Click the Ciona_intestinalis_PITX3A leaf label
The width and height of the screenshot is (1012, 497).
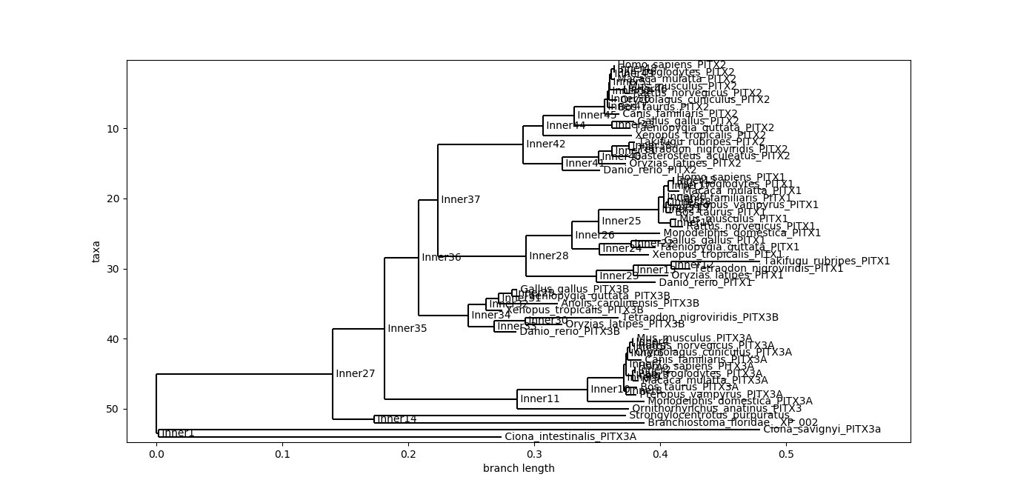[x=570, y=436]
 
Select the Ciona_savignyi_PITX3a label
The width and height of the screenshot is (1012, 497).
[x=822, y=429]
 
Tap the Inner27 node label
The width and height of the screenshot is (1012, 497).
[x=356, y=373]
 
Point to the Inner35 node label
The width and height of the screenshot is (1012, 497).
[x=407, y=328]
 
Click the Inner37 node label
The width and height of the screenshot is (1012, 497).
[x=461, y=199]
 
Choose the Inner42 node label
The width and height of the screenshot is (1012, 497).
[x=545, y=144]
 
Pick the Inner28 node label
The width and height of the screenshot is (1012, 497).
[x=549, y=256]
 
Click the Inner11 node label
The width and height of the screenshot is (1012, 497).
[x=540, y=398]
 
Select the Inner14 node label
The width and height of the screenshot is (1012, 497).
[x=396, y=418]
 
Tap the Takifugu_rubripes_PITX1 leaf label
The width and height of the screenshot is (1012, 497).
[x=827, y=261]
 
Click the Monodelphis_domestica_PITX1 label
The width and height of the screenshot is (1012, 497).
[x=742, y=233]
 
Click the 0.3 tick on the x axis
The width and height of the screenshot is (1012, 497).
[x=535, y=443]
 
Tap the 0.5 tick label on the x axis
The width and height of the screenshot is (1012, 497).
[x=787, y=453]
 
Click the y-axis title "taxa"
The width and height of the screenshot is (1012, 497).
[x=96, y=251]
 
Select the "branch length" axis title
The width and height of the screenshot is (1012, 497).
[x=519, y=468]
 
